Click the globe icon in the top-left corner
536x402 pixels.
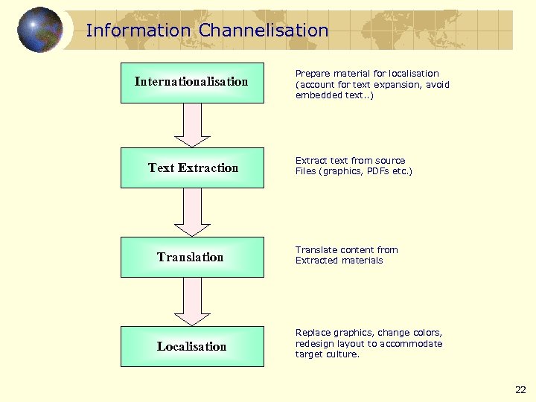[39, 30]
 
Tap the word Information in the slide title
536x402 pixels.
[138, 31]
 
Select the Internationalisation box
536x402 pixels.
[192, 82]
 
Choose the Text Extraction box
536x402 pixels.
[192, 167]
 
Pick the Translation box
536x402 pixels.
[192, 257]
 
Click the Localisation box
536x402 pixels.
[192, 346]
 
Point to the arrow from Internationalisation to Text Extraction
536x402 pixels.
[192, 124]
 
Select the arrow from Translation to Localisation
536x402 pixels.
[192, 301]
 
